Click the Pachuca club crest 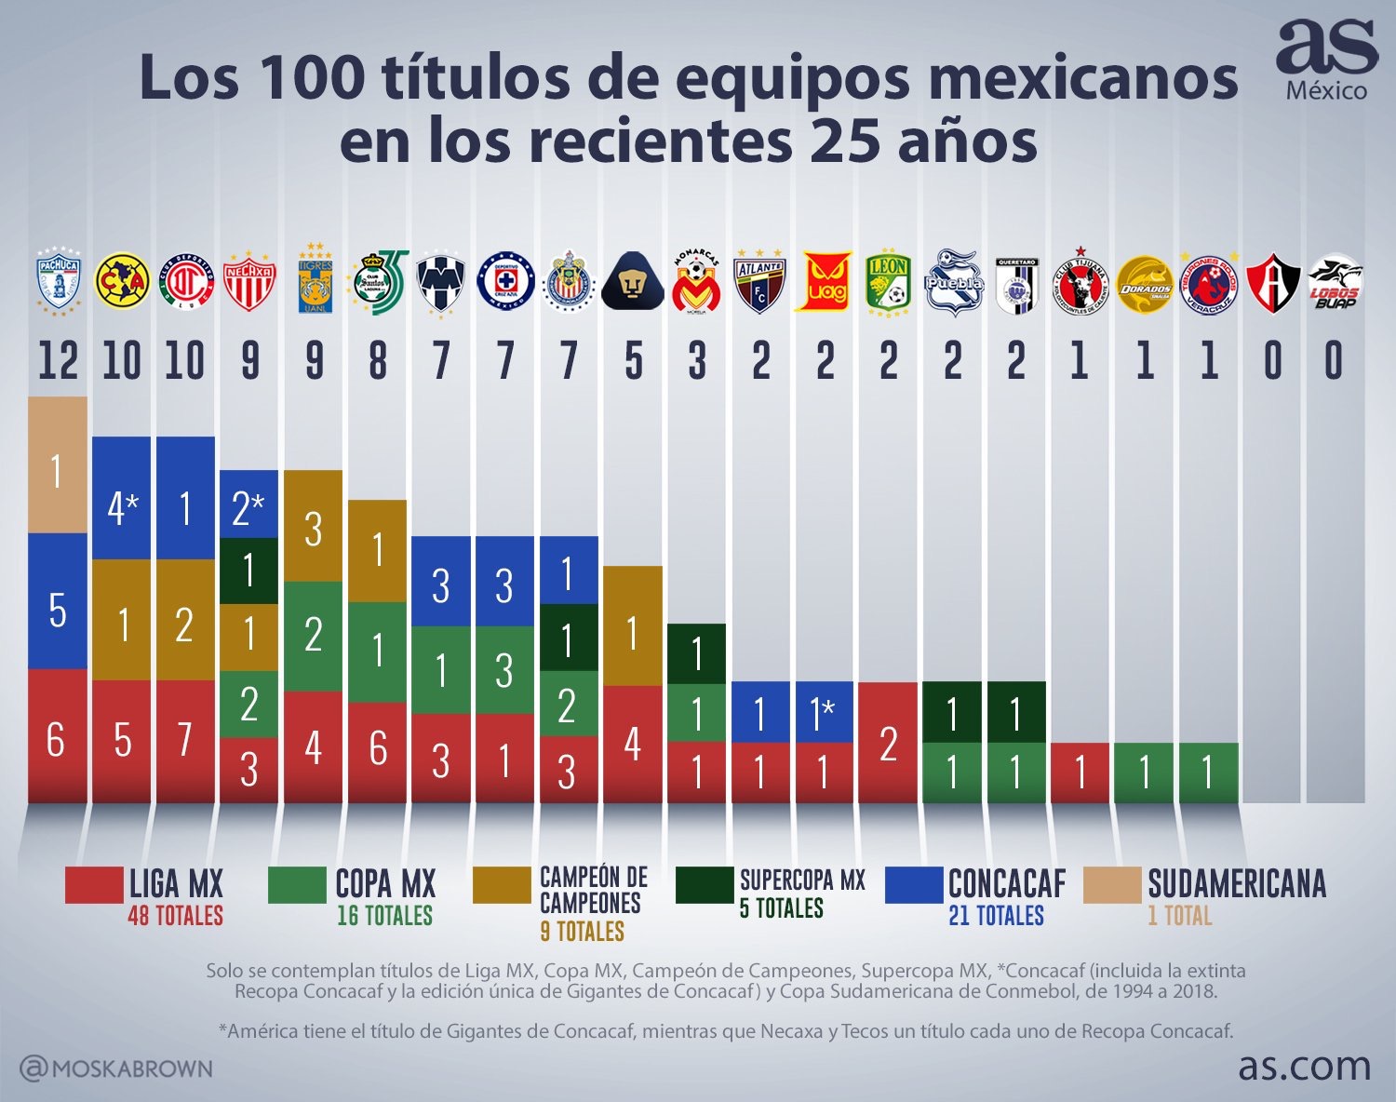pyautogui.click(x=58, y=278)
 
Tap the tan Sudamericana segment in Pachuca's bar pyautogui.click(x=58, y=465)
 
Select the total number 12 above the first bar pyautogui.click(x=58, y=361)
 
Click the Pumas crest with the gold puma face pyautogui.click(x=633, y=280)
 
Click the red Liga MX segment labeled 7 pyautogui.click(x=185, y=741)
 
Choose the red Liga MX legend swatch pyautogui.click(x=93, y=885)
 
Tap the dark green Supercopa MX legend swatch pyautogui.click(x=704, y=885)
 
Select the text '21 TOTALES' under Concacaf pyautogui.click(x=996, y=916)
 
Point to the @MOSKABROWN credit pyautogui.click(x=116, y=1068)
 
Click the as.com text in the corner pyautogui.click(x=1304, y=1066)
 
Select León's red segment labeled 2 pyautogui.click(x=888, y=743)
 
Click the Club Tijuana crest pyautogui.click(x=1080, y=280)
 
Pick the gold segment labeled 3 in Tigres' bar pyautogui.click(x=313, y=526)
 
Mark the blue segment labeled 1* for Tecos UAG pyautogui.click(x=824, y=712)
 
